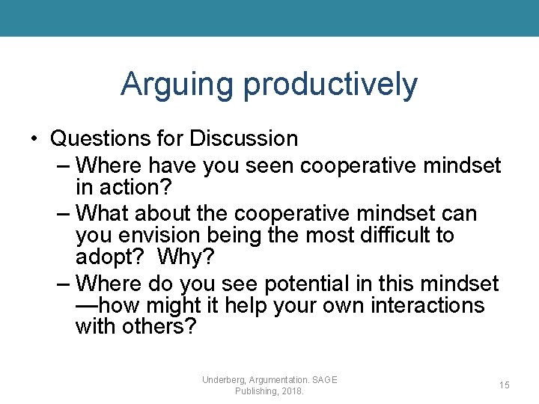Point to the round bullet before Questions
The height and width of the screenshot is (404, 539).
pos(35,139)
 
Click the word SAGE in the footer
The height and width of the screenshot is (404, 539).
pos(323,380)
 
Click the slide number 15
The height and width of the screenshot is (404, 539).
pos(505,385)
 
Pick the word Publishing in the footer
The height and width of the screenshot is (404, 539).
pos(256,391)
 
